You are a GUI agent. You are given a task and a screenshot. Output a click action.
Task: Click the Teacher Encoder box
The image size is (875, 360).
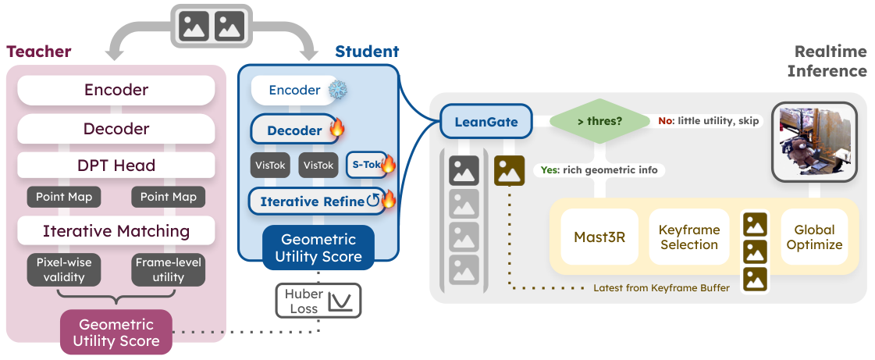click(116, 91)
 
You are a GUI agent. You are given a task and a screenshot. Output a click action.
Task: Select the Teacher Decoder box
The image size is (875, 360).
click(116, 129)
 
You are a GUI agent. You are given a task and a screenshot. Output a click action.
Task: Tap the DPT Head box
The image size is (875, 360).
click(116, 166)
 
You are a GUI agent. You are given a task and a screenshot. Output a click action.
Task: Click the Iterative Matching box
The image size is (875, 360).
click(116, 230)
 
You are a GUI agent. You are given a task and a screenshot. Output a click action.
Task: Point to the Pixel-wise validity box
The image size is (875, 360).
click(64, 269)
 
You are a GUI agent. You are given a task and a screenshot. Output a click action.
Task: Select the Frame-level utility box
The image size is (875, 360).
click(169, 269)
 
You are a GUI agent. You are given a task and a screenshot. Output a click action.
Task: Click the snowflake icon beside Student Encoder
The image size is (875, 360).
click(337, 90)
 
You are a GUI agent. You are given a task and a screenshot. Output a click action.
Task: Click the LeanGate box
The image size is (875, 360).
click(486, 122)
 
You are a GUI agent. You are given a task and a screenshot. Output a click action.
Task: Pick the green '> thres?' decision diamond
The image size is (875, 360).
click(599, 121)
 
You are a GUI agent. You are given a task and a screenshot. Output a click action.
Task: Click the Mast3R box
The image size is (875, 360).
click(599, 237)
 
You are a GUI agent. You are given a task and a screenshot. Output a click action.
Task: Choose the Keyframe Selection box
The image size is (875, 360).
click(688, 237)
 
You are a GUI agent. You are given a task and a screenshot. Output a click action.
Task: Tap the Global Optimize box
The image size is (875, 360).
click(818, 237)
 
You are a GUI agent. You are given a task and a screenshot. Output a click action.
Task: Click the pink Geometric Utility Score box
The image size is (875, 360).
click(116, 332)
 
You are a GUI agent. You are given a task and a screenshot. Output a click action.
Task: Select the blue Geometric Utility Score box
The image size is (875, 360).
click(319, 248)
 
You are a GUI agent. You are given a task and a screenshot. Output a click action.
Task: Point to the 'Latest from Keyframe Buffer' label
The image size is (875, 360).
click(661, 288)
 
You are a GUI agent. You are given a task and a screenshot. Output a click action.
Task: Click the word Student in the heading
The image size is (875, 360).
click(367, 52)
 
